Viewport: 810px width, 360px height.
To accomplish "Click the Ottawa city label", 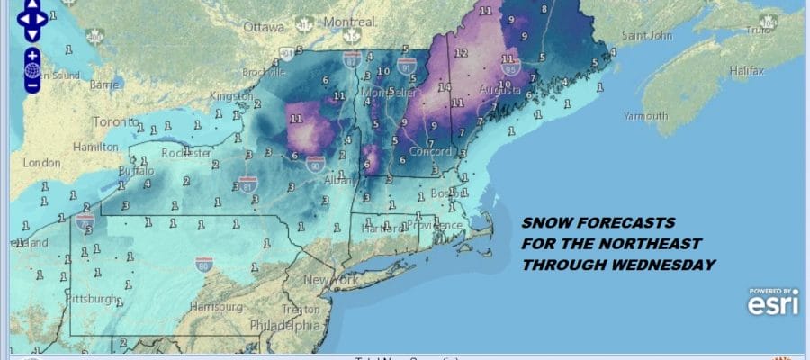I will pyautogui.click(x=263, y=27).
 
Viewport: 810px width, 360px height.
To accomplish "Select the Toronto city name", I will pyautogui.click(x=112, y=121).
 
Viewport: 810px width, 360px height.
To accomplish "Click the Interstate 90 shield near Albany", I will pyautogui.click(x=313, y=165).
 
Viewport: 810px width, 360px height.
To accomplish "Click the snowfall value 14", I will pyautogui.click(x=444, y=86).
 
